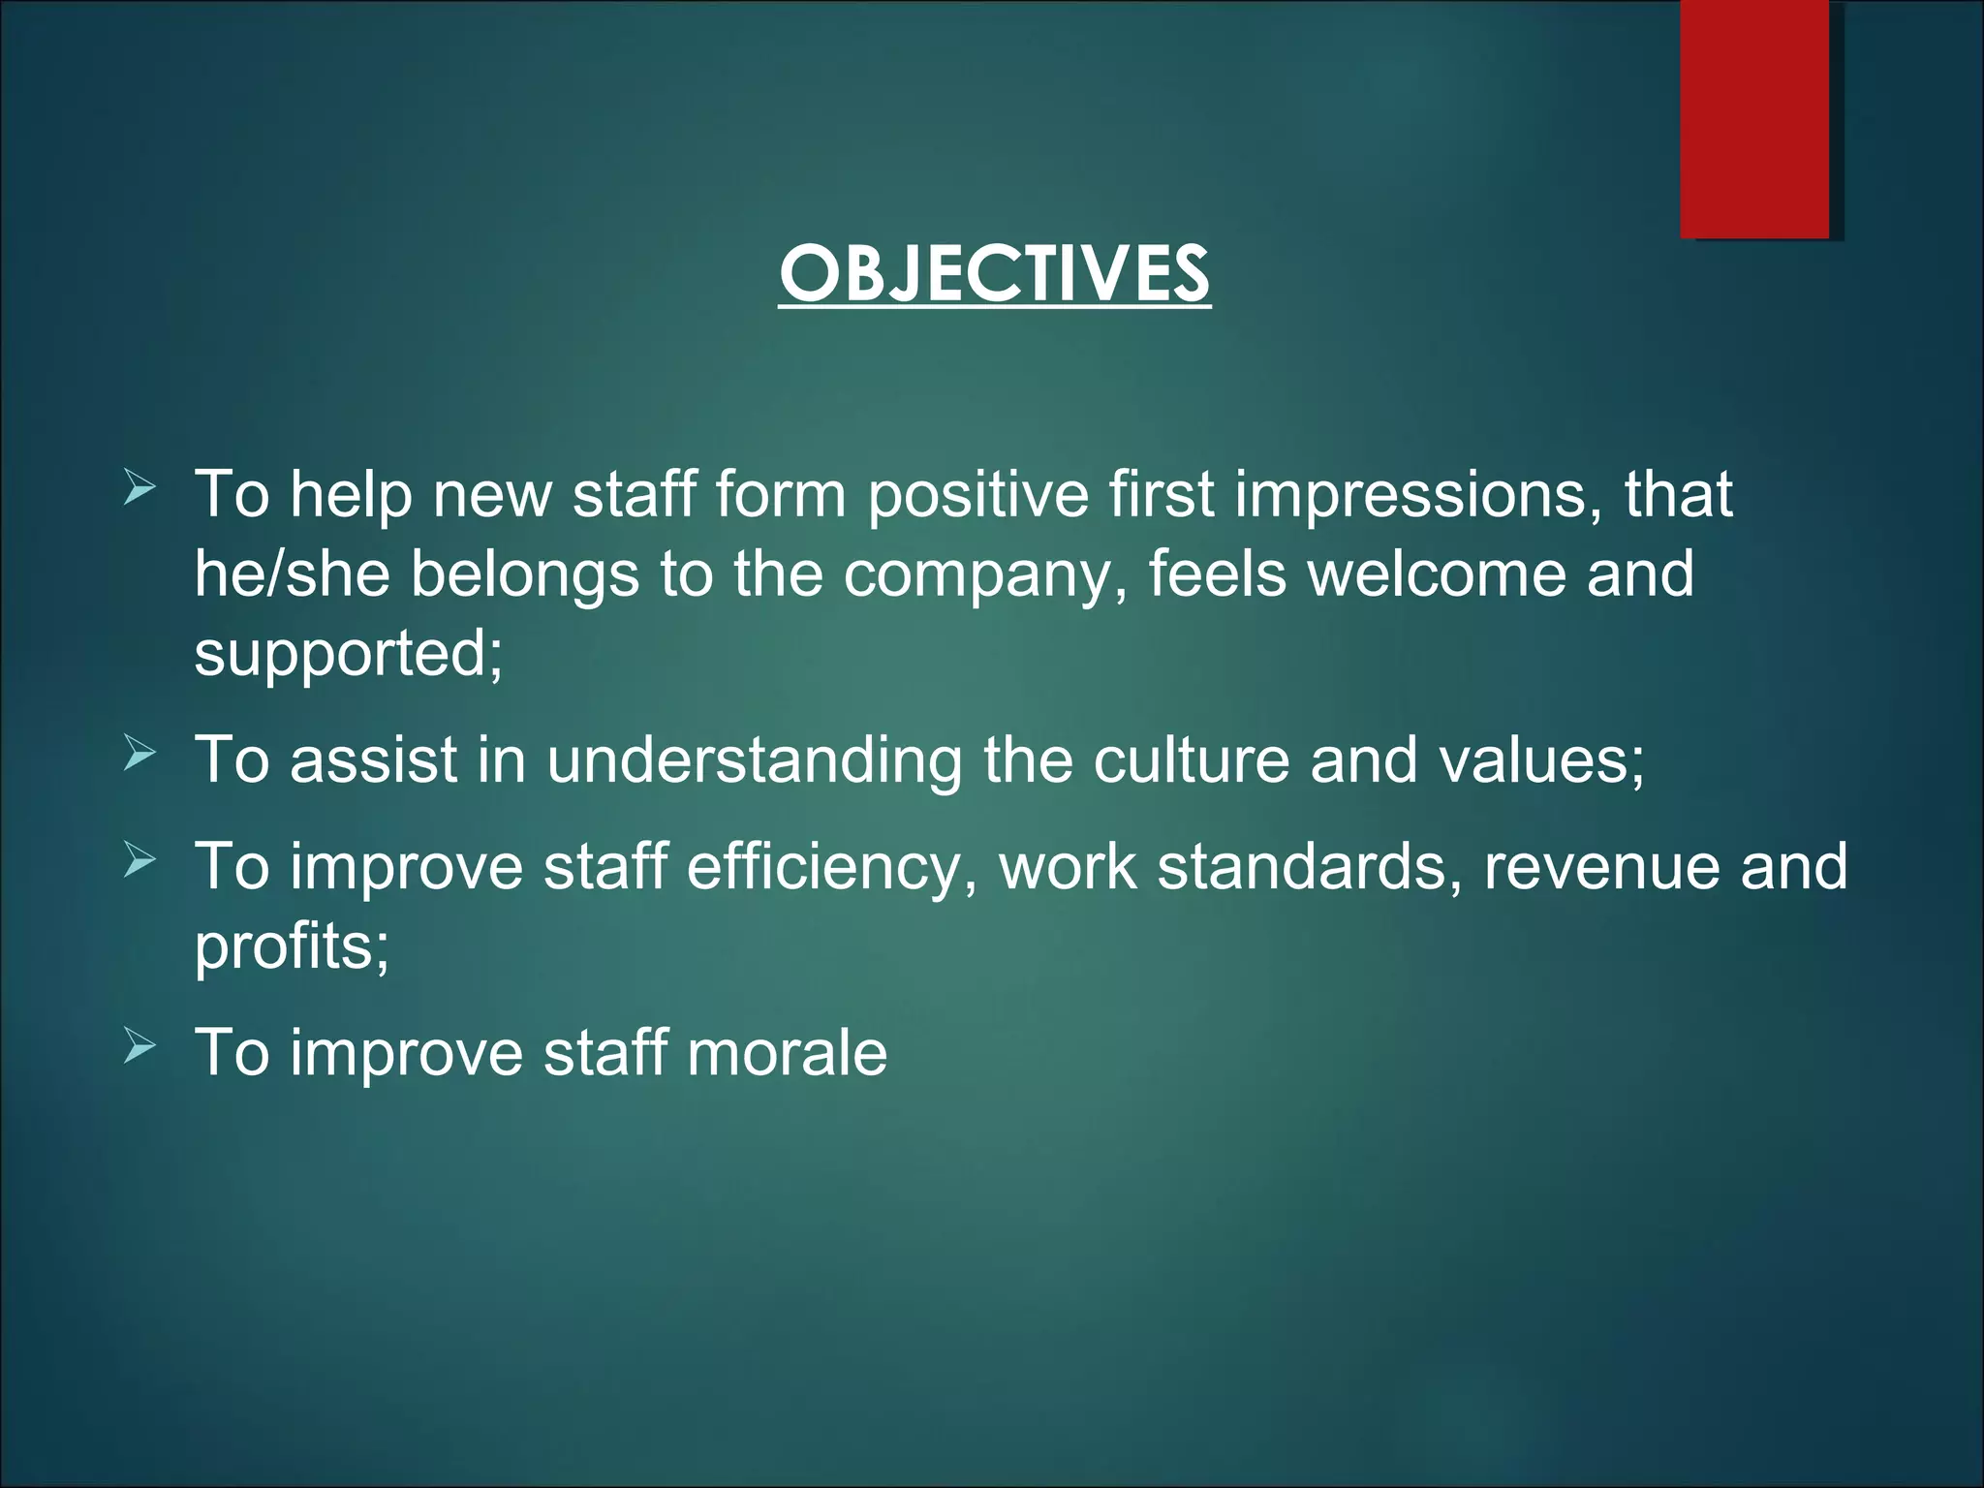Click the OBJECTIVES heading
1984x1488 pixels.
click(x=994, y=274)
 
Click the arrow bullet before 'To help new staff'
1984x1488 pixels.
click(x=139, y=489)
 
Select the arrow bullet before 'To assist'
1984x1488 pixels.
click(x=139, y=754)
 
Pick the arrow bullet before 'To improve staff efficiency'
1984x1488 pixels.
click(x=139, y=860)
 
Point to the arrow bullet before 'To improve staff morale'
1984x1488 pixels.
click(x=139, y=1047)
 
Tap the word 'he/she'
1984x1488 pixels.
click(x=292, y=573)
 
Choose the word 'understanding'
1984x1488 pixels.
click(x=755, y=760)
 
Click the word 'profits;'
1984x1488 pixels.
click(x=292, y=946)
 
